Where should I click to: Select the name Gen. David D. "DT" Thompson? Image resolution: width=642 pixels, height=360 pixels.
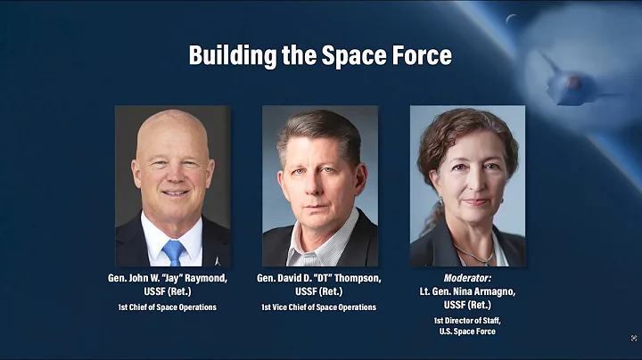click(319, 279)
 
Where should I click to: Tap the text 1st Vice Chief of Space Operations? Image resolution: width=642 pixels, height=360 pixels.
click(319, 307)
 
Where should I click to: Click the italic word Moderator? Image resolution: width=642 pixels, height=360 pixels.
click(467, 279)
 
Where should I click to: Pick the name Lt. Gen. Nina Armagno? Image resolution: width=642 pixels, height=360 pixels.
click(467, 290)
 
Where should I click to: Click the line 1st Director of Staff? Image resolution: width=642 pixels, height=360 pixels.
click(467, 319)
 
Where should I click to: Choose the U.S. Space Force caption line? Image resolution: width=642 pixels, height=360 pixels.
click(467, 331)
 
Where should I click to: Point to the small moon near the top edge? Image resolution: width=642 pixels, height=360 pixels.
click(511, 19)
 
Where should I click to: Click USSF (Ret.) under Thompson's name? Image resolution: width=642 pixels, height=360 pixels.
click(319, 290)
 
